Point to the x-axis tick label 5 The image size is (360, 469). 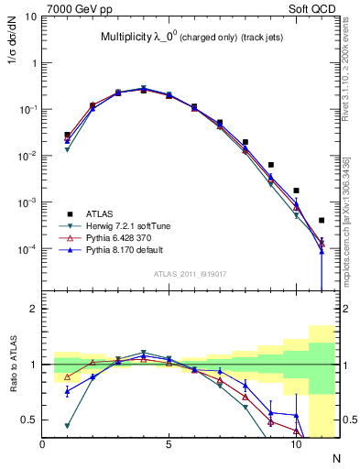tap(169, 444)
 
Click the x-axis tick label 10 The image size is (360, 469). tap(296, 444)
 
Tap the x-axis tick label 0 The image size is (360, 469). tap(43, 444)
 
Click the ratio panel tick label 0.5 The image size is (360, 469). tap(30, 420)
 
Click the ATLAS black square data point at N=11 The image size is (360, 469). tap(322, 221)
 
